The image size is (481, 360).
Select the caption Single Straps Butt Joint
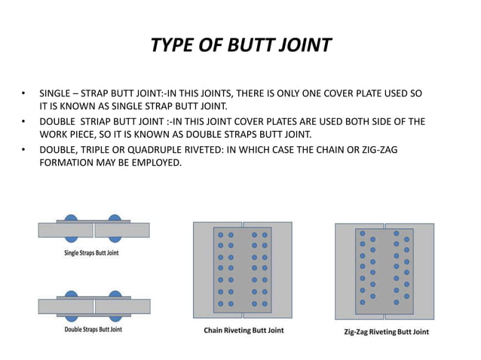click(x=91, y=253)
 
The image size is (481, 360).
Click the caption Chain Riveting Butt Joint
click(x=244, y=331)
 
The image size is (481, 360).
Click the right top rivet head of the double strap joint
click(x=115, y=294)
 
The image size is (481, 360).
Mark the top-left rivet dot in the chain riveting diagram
click(x=221, y=234)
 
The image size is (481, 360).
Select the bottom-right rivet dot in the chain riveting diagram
click(x=265, y=303)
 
